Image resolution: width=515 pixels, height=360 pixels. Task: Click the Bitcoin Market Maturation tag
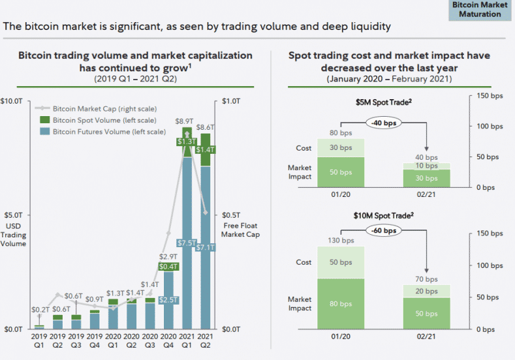click(x=480, y=10)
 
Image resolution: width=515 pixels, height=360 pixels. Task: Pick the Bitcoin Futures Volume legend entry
click(x=108, y=132)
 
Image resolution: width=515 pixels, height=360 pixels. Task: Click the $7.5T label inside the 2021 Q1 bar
click(x=187, y=243)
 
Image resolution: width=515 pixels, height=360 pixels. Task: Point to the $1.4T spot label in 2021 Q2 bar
click(x=206, y=149)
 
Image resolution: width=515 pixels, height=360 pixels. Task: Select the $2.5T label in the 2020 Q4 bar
click(x=168, y=299)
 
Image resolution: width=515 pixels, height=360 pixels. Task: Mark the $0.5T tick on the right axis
click(x=232, y=215)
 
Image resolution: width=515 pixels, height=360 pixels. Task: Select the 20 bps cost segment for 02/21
click(x=426, y=291)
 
